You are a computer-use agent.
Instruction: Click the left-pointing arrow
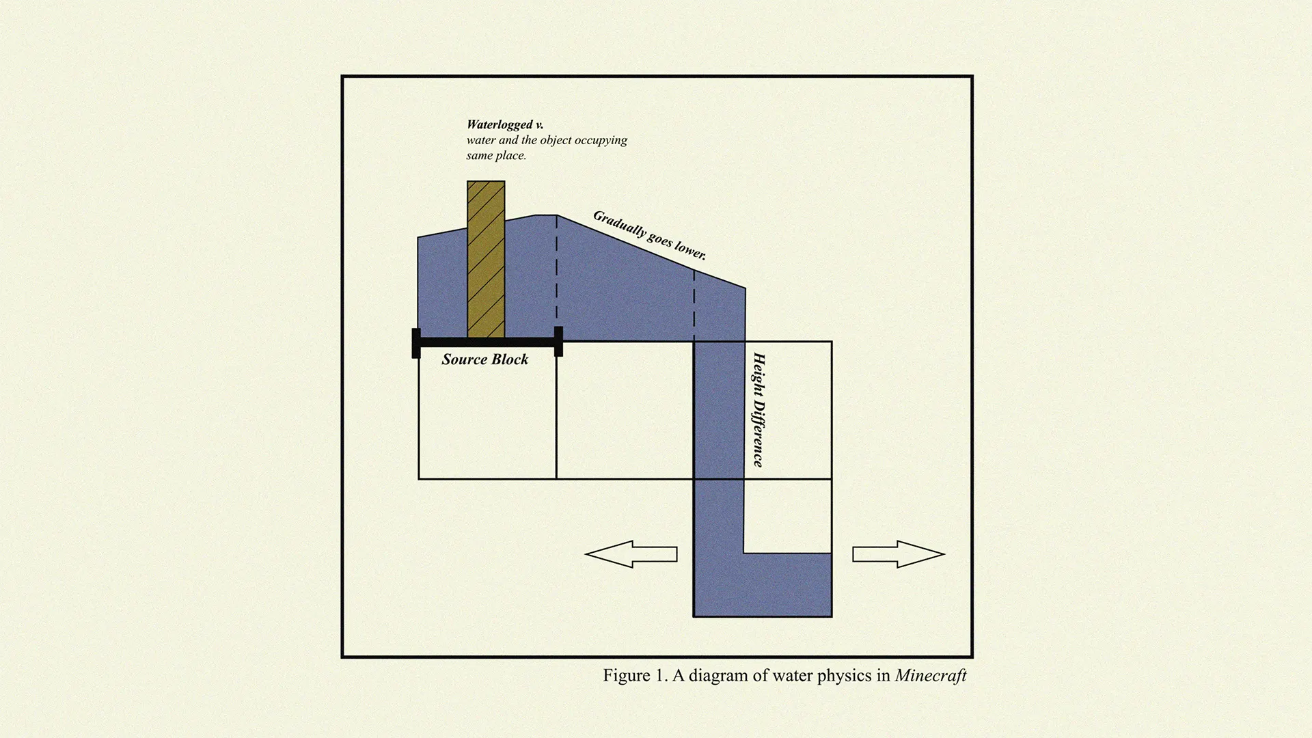(630, 554)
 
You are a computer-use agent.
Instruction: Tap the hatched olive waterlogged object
(486, 260)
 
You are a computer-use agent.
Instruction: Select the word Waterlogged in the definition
(500, 124)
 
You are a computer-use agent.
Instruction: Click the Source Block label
(484, 359)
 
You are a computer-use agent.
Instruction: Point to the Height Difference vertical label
(758, 409)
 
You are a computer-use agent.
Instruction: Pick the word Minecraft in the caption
(930, 676)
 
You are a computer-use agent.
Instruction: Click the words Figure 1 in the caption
(635, 676)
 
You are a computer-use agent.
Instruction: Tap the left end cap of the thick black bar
(416, 343)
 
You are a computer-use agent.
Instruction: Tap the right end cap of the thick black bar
(558, 342)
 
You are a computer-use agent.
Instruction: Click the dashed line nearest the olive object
(557, 273)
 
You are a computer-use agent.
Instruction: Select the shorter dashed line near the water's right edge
(694, 304)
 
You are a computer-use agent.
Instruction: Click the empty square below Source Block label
(487, 424)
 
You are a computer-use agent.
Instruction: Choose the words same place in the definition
(496, 156)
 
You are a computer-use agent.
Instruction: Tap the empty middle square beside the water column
(625, 410)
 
